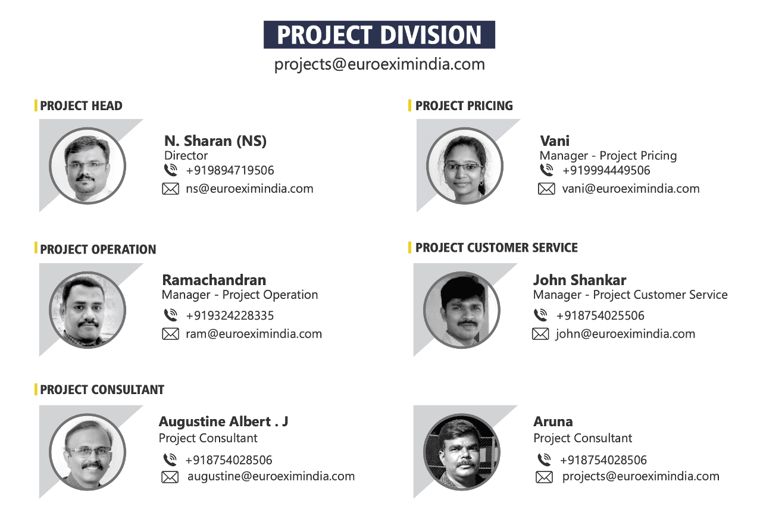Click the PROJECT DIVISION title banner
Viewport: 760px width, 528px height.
tap(379, 35)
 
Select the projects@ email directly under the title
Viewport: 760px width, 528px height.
tap(379, 64)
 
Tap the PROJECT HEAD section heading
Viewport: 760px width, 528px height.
tap(81, 106)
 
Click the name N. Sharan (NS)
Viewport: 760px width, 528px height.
tap(215, 141)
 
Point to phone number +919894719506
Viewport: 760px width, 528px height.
tap(230, 170)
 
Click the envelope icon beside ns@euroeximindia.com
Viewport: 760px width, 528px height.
tap(170, 189)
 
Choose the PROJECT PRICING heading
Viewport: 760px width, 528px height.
tap(464, 106)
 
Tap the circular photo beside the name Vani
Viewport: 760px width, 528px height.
tap(464, 166)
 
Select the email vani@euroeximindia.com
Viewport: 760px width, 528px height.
tap(630, 189)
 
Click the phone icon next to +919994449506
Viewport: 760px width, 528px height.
tap(546, 170)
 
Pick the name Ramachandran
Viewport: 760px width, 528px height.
tap(214, 280)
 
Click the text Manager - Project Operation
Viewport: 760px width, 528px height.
tap(240, 295)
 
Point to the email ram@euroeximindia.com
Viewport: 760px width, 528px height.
tap(254, 334)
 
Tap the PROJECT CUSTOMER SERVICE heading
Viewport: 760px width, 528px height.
tap(496, 248)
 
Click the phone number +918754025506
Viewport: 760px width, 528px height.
tap(600, 315)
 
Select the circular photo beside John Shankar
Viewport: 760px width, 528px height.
tap(461, 310)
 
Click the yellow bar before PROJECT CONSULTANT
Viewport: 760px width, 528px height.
tap(36, 389)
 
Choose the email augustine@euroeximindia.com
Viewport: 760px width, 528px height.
tap(271, 476)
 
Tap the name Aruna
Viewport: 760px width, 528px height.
tap(553, 422)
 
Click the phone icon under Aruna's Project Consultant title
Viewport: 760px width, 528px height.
tap(544, 460)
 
